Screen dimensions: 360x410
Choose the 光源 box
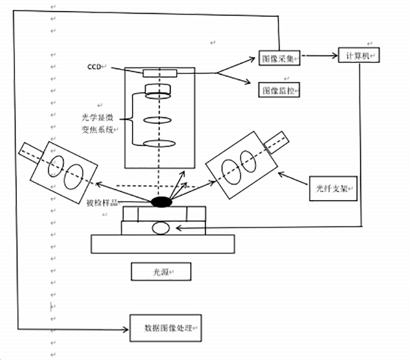[x=161, y=272]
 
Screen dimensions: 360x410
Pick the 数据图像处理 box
[x=165, y=328]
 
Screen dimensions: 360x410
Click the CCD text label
[x=94, y=67]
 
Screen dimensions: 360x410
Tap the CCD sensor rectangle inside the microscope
[x=160, y=73]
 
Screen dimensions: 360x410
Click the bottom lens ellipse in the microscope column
[x=159, y=143]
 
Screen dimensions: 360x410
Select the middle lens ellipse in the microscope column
[x=159, y=120]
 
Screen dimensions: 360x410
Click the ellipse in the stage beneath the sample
[x=160, y=228]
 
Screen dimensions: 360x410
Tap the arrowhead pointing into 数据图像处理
[x=126, y=329]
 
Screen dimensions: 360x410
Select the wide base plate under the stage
[x=163, y=244]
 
